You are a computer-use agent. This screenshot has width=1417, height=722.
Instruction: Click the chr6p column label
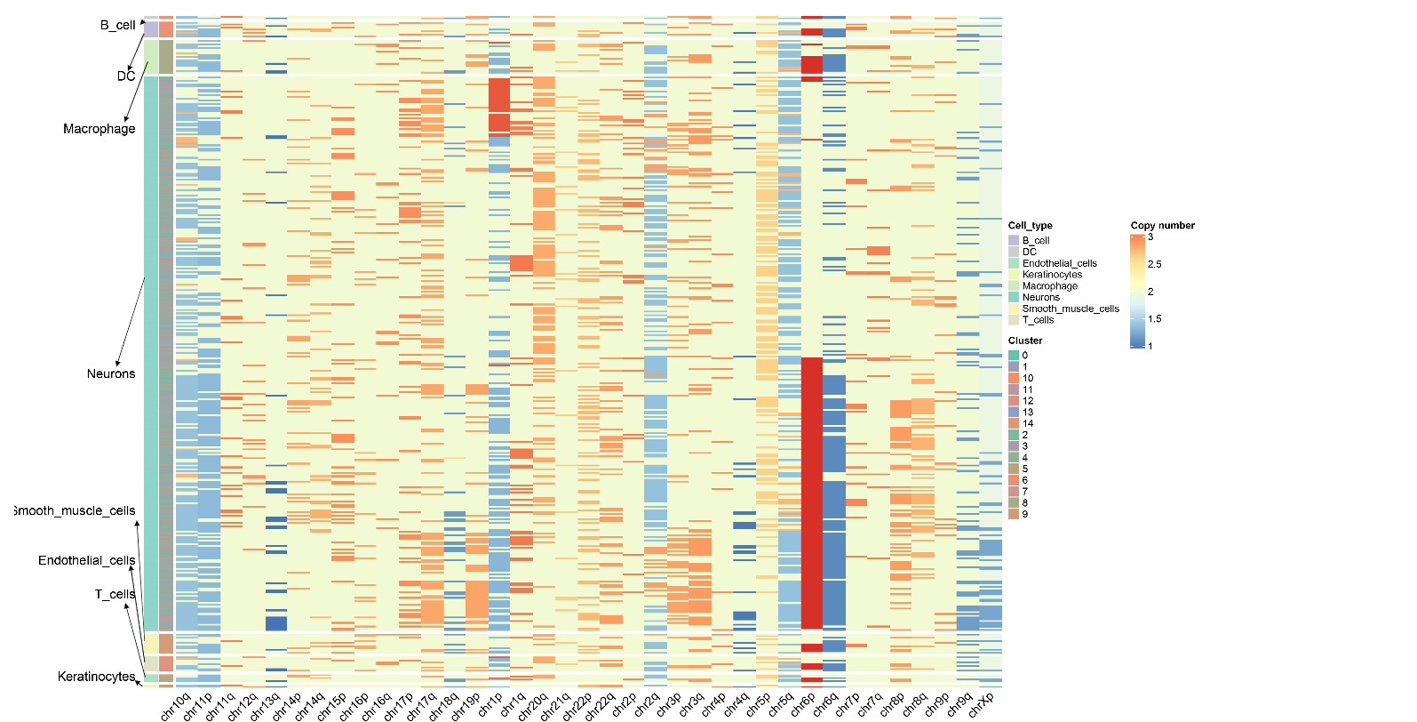803,705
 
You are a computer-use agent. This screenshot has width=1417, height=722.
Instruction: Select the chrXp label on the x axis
981,705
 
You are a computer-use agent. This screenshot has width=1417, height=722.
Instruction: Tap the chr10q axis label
176,707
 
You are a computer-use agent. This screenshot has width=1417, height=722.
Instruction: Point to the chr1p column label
490,705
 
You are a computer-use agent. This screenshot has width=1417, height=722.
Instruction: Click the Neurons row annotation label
111,373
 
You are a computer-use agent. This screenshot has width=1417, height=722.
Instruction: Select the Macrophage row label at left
99,129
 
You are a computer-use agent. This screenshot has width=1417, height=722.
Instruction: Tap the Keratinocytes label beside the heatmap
96,677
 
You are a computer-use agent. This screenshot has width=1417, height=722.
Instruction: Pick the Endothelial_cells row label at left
86,560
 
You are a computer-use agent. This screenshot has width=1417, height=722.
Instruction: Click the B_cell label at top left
117,25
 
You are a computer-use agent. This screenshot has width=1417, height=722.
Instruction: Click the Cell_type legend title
1030,225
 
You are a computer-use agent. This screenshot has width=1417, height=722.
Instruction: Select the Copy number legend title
1162,225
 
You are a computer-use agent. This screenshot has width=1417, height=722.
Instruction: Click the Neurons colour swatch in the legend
1014,297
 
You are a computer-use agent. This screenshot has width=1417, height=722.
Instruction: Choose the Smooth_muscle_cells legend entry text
1071,309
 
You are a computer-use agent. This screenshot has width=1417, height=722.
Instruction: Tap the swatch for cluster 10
1014,378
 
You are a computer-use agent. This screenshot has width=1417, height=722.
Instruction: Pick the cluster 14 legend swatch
1014,423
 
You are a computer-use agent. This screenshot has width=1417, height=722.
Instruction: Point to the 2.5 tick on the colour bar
1154,264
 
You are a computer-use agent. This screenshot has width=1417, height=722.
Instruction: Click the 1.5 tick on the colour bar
1154,318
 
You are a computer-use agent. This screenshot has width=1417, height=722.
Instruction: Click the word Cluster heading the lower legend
1025,341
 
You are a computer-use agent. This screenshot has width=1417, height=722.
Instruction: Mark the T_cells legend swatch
1014,320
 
